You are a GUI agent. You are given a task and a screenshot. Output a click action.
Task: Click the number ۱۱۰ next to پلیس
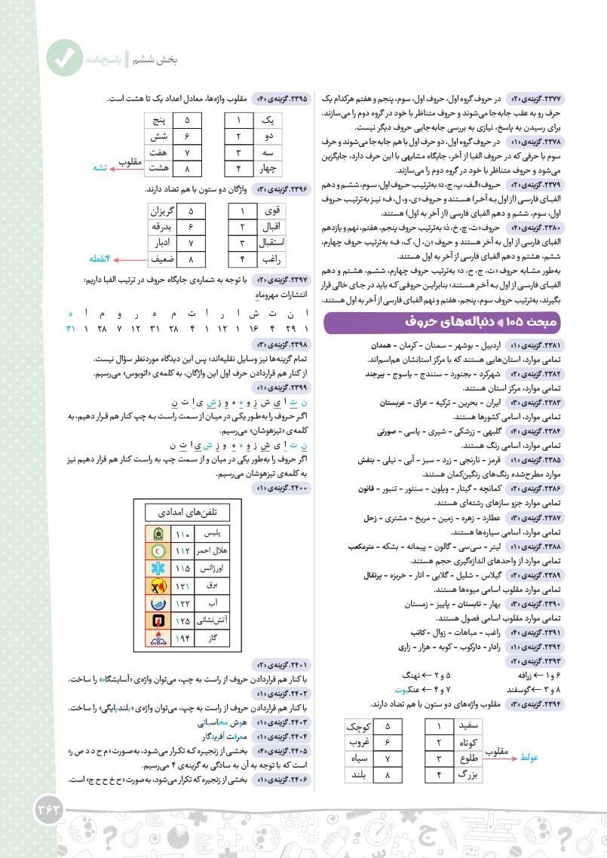184,534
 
